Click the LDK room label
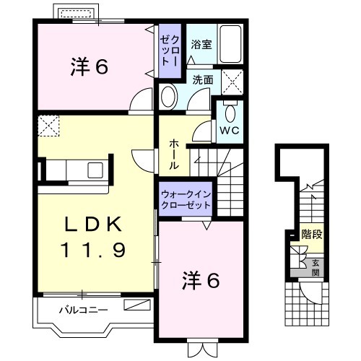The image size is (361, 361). pos(93,224)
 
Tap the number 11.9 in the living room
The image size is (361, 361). pos(93,250)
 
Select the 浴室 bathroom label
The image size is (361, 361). pos(201,45)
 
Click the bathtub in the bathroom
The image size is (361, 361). pos(230,44)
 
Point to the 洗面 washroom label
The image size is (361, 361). pos(203,80)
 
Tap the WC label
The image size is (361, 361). pos(230,131)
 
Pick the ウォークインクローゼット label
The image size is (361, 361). pos(186,200)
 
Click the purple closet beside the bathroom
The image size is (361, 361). pos(170,51)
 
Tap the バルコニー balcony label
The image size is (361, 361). pos(83,310)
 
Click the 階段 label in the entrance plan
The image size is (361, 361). pos(312,234)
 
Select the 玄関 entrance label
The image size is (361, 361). pos(316,268)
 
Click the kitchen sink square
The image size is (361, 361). pos(95,170)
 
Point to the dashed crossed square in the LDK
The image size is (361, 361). pos(48,126)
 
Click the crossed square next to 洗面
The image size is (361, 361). pos(232,82)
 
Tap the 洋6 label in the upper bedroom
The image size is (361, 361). pos(90,67)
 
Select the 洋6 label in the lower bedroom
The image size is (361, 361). pos(201,280)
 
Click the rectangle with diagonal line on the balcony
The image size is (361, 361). pos(137,305)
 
